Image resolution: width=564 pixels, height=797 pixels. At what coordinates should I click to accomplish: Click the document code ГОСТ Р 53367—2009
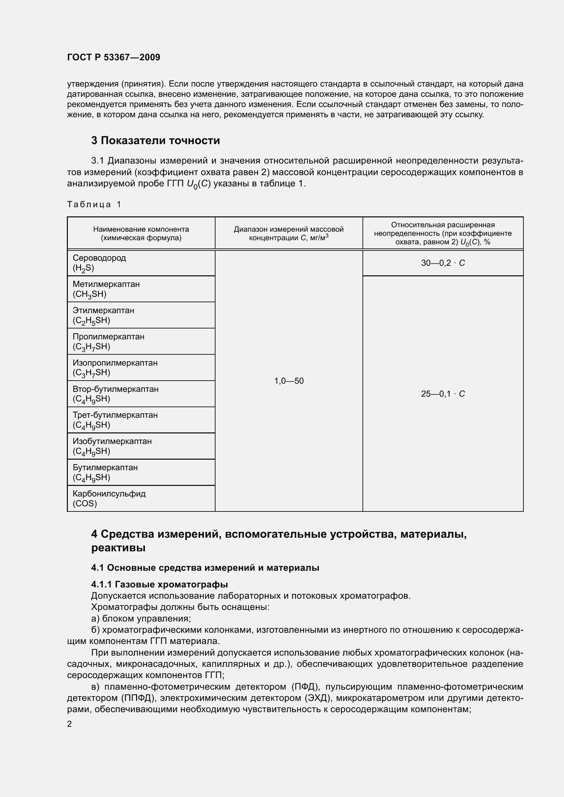[114, 57]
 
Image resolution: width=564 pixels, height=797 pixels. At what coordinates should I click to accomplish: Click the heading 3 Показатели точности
[155, 141]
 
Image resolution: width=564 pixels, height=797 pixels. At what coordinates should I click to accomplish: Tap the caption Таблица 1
[94, 204]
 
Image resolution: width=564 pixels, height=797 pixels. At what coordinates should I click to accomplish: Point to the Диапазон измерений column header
[288, 233]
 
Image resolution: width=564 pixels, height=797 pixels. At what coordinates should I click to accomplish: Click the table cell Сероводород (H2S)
[99, 263]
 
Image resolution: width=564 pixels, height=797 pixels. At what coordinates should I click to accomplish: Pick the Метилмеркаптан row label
[106, 289]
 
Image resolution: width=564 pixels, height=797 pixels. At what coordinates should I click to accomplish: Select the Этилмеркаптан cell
[104, 315]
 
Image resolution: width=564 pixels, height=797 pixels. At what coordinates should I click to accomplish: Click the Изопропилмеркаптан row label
[115, 368]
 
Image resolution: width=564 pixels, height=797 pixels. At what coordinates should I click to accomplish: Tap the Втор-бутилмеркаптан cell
[116, 394]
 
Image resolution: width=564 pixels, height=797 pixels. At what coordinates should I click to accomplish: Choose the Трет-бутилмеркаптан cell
[115, 420]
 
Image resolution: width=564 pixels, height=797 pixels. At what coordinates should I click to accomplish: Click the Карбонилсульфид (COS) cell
[109, 499]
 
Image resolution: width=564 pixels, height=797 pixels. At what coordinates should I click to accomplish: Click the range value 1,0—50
[288, 381]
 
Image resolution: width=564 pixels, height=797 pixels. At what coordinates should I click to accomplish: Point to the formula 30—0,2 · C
[443, 263]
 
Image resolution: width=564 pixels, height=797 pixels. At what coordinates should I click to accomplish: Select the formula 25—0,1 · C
[443, 394]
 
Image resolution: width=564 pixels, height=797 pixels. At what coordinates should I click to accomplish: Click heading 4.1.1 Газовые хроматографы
[159, 585]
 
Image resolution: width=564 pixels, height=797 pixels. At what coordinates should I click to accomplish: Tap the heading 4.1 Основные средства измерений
[205, 568]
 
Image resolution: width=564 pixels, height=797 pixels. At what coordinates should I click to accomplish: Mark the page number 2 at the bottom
[70, 724]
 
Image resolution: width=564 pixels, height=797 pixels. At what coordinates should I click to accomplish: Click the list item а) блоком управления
[141, 618]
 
